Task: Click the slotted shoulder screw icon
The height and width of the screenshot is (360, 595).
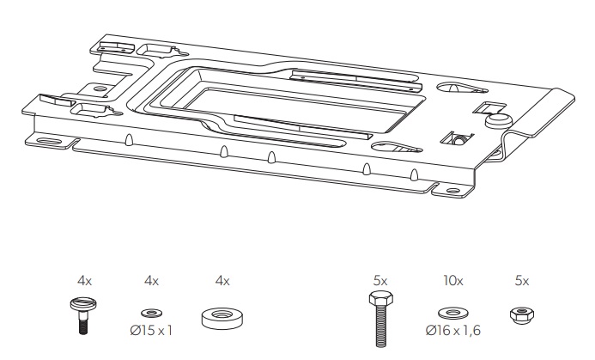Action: point(83,314)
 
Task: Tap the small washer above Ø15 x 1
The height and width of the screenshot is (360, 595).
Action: point(151,314)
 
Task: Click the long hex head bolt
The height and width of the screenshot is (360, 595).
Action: point(380,319)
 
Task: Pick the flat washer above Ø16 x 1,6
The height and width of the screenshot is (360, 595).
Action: point(453,314)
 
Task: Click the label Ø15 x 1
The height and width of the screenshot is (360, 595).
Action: point(151,331)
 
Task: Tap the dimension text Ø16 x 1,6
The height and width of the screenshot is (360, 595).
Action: point(453,331)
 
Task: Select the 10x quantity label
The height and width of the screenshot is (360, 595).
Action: point(453,281)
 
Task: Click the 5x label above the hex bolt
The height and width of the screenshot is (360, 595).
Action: point(380,281)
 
